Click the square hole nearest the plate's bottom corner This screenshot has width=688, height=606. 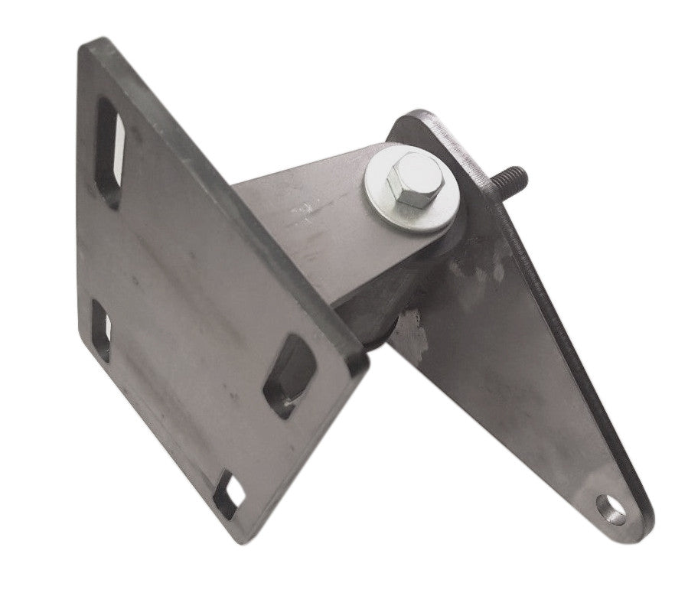point(228,492)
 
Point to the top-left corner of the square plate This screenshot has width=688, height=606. point(84,43)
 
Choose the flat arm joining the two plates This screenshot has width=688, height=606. point(306,230)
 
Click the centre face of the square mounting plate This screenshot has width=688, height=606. point(207,306)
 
